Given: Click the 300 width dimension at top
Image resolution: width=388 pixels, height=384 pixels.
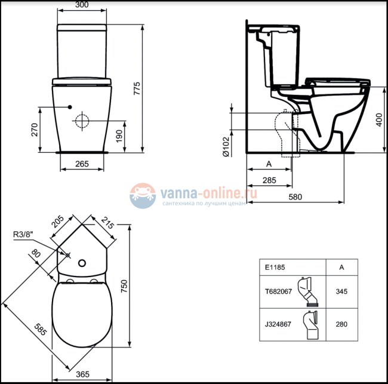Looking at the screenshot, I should click(x=83, y=5).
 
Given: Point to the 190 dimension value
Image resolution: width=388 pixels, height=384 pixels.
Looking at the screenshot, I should click(x=119, y=136).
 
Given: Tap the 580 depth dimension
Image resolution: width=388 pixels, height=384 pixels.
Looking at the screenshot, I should click(x=295, y=197).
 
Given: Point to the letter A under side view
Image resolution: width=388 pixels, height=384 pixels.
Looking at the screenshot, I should click(x=268, y=163).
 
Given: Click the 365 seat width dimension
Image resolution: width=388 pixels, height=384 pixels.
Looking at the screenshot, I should click(x=83, y=374).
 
